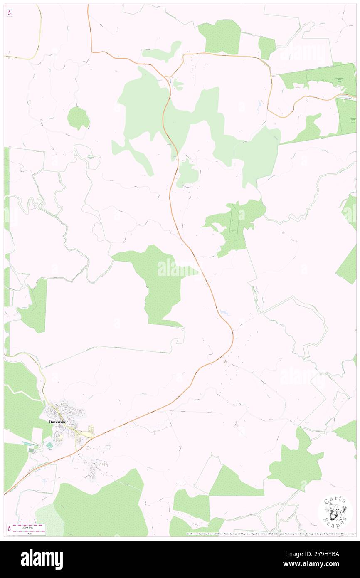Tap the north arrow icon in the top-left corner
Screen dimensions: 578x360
9,13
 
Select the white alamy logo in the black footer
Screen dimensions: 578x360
42,559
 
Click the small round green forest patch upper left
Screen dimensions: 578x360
78,118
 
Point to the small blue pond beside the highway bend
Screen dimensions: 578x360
224,312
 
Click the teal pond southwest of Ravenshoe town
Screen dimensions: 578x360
49,445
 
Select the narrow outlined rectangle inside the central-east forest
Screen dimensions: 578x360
235,225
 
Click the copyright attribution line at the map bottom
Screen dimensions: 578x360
270,534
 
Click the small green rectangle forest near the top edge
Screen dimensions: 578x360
266,47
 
